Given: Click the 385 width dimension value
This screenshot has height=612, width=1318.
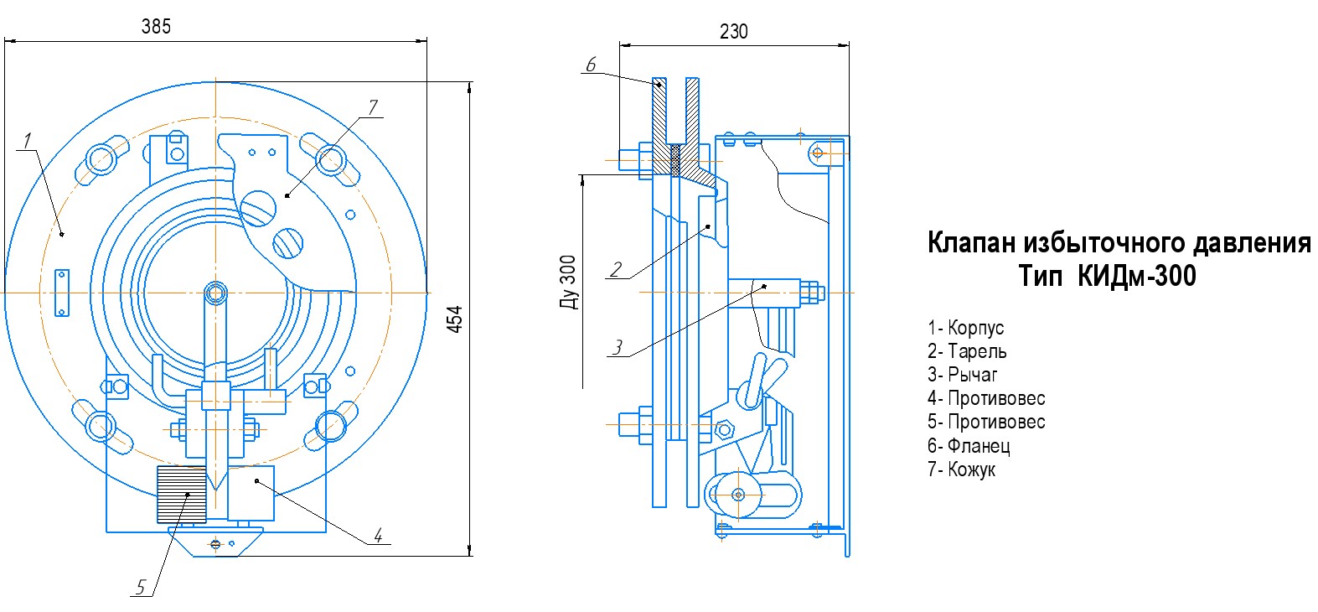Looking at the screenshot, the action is pos(156,27).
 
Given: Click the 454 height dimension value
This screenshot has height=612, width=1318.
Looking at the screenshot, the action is pos(455,319).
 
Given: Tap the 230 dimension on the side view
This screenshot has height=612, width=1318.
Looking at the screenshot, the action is pos(734,31).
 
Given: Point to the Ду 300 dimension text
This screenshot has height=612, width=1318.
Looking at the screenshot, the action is pos(568,283).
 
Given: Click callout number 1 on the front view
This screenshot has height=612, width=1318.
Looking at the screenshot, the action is pos(27,141).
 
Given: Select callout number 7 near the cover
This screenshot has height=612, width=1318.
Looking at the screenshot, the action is pos(373,107).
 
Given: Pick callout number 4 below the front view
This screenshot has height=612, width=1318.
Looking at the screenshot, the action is pos(379,536).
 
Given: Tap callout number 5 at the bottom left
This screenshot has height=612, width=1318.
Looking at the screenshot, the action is pos(140,587).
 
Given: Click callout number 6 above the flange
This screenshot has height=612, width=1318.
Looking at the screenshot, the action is pos(592,65).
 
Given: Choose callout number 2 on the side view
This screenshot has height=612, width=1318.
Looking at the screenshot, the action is pos(616,269).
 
